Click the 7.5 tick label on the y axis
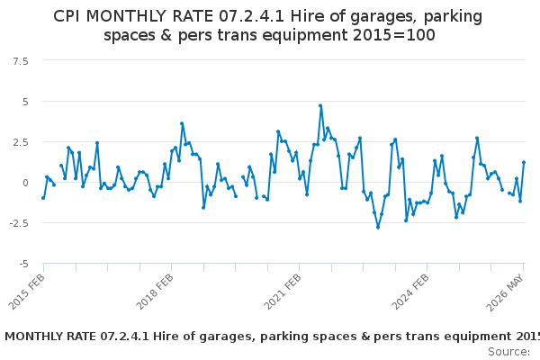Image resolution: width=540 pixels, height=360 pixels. coord(21,62)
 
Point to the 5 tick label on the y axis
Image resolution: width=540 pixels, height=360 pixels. coord(25,102)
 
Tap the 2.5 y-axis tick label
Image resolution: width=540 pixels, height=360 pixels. coord(21,142)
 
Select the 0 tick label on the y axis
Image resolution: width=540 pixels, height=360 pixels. coord(25,183)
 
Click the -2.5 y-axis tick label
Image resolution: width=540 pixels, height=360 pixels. coord(19,223)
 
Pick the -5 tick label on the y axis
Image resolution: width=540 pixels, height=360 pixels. coord(23,265)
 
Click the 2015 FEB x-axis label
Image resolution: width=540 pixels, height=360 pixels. coord(26,292)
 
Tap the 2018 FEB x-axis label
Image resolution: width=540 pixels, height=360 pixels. coord(155,292)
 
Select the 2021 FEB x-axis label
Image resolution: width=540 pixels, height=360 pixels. coord(283,292)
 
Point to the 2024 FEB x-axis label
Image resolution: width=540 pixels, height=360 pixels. coord(410,292)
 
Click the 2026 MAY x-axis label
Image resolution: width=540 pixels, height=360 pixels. coord(505,293)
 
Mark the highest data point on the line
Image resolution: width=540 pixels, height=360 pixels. coord(320,106)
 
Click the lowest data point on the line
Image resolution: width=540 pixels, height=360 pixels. coord(378,228)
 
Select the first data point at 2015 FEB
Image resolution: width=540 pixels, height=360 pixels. coord(43,198)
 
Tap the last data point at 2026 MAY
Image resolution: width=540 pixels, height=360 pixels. coord(524,162)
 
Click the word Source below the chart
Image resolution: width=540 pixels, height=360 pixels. coord(508,352)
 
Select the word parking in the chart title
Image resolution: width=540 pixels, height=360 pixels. coord(453,17)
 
